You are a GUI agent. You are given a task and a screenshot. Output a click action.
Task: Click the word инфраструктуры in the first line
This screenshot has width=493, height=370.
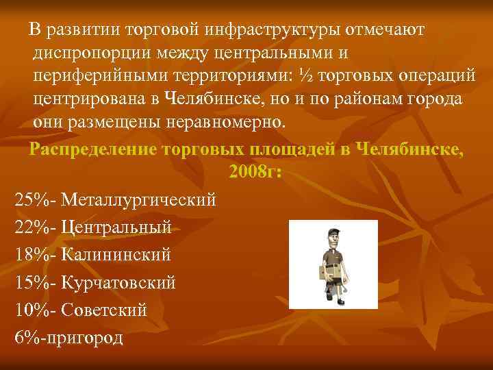tap(275, 31)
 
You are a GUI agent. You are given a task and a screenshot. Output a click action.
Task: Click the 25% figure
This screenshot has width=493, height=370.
tap(34, 200)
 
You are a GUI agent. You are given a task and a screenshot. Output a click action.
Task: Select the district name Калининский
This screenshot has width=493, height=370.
tap(116, 256)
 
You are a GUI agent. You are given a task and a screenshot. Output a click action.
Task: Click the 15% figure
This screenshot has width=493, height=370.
tap(34, 282)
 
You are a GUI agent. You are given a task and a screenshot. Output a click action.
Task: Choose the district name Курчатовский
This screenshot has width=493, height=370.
tap(118, 282)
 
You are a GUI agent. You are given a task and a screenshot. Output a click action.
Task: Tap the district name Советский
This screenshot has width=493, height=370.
tap(104, 310)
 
